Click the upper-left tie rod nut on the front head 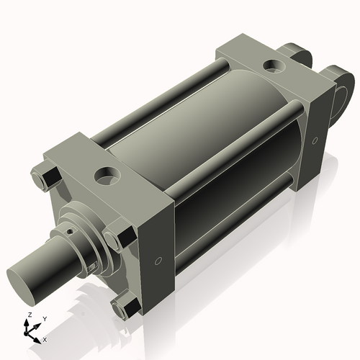point(42,175)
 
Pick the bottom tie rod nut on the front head point(126,308)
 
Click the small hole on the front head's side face point(158,260)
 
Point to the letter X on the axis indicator point(45,338)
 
